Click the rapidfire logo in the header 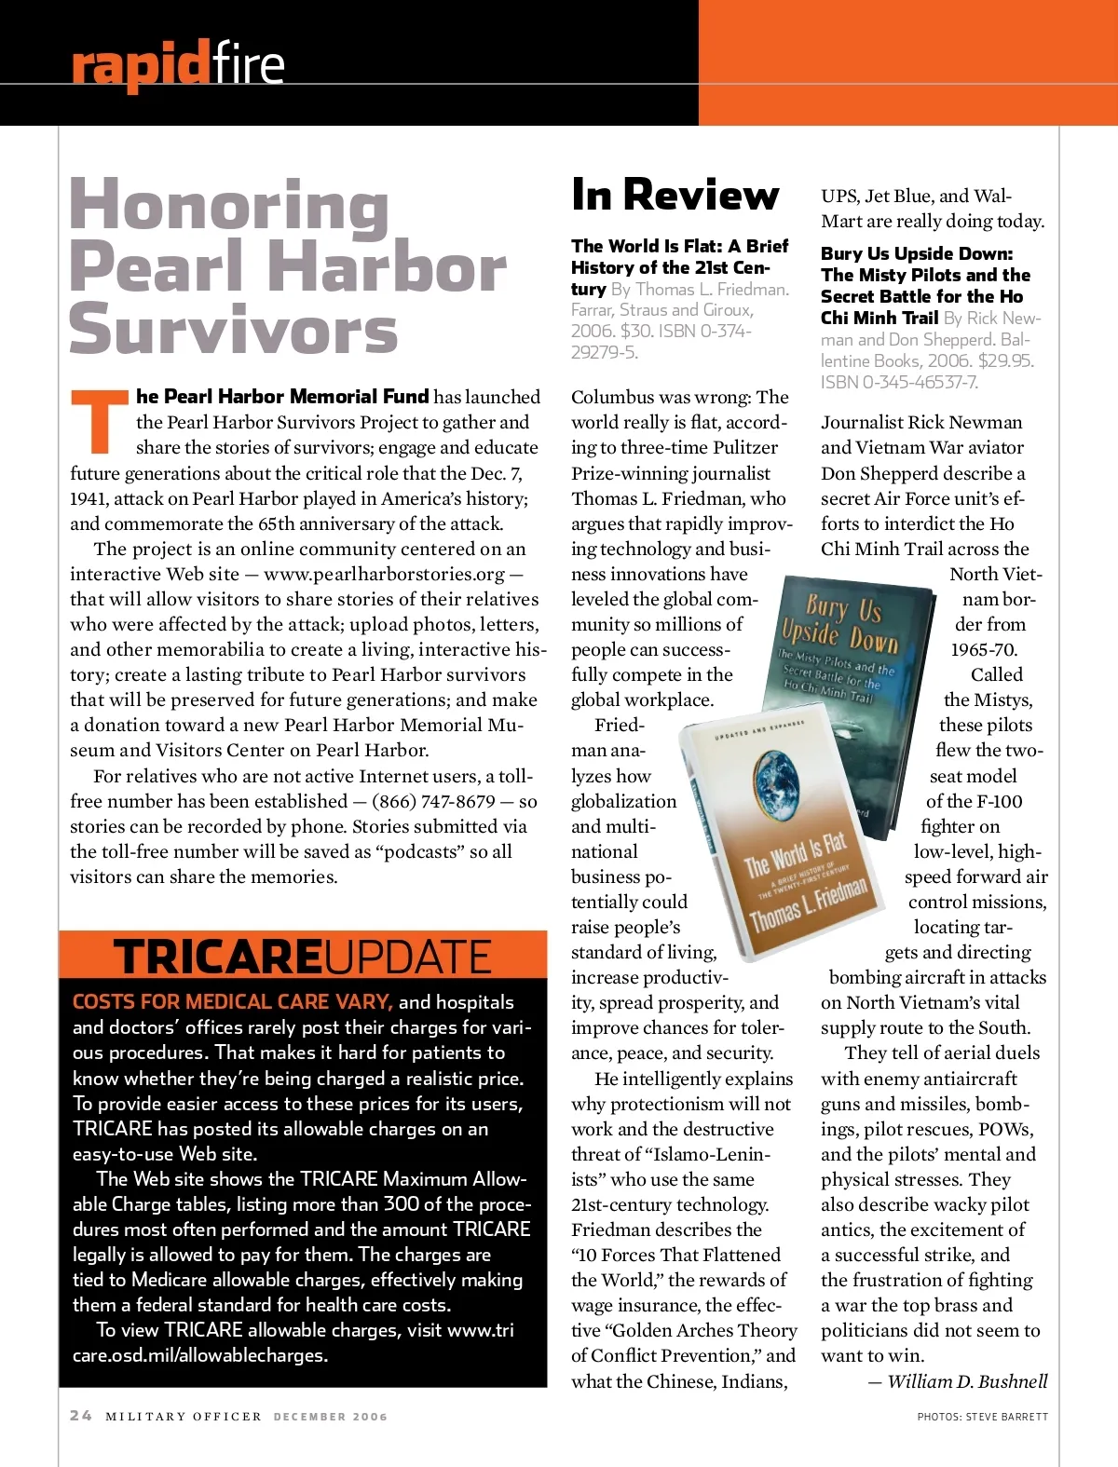point(177,64)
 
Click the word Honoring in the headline point(229,205)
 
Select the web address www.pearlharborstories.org point(384,575)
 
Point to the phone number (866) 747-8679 point(433,801)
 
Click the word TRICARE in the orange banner point(217,957)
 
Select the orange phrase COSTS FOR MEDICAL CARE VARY point(232,1002)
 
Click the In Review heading point(675,195)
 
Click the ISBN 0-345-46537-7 point(899,383)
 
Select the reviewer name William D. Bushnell point(967,1381)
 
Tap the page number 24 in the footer point(81,1416)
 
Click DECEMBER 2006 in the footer point(330,1417)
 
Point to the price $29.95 point(1005,360)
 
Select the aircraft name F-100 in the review point(999,801)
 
